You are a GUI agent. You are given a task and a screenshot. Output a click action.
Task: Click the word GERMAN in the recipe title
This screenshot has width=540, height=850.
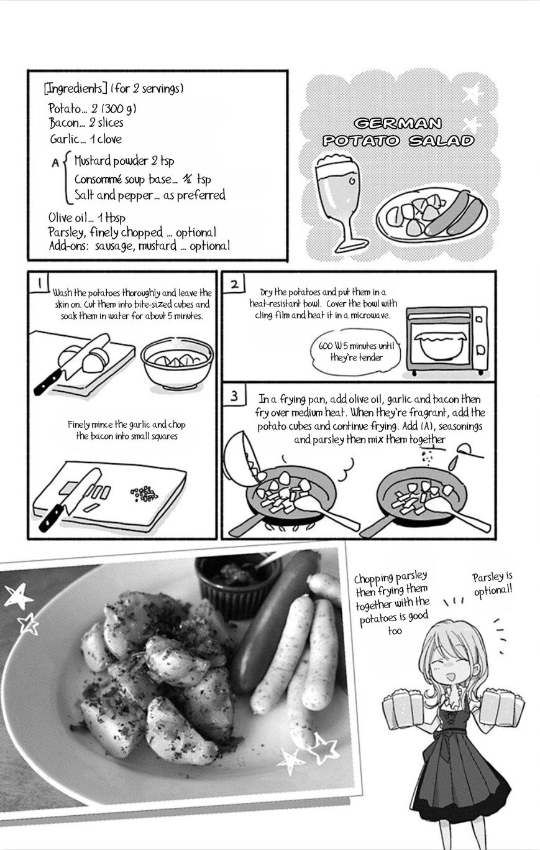[x=398, y=123]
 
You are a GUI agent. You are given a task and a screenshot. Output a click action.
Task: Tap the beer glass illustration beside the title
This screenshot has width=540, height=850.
[x=337, y=203]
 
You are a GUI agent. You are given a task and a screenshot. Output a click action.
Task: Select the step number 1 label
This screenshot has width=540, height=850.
[x=40, y=283]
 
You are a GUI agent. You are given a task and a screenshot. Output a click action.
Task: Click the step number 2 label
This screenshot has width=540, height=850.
[x=235, y=284]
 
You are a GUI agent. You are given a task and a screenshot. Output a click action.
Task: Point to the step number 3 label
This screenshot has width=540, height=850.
[x=234, y=396]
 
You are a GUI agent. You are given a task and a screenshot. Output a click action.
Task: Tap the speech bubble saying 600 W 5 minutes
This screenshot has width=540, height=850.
[x=355, y=352]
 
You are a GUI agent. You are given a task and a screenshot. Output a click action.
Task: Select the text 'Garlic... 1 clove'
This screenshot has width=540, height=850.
[x=86, y=139]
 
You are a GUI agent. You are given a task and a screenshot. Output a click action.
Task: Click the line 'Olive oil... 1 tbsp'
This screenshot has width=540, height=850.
[x=87, y=218]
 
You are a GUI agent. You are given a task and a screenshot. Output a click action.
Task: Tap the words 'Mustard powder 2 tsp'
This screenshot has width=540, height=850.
[x=124, y=161]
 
